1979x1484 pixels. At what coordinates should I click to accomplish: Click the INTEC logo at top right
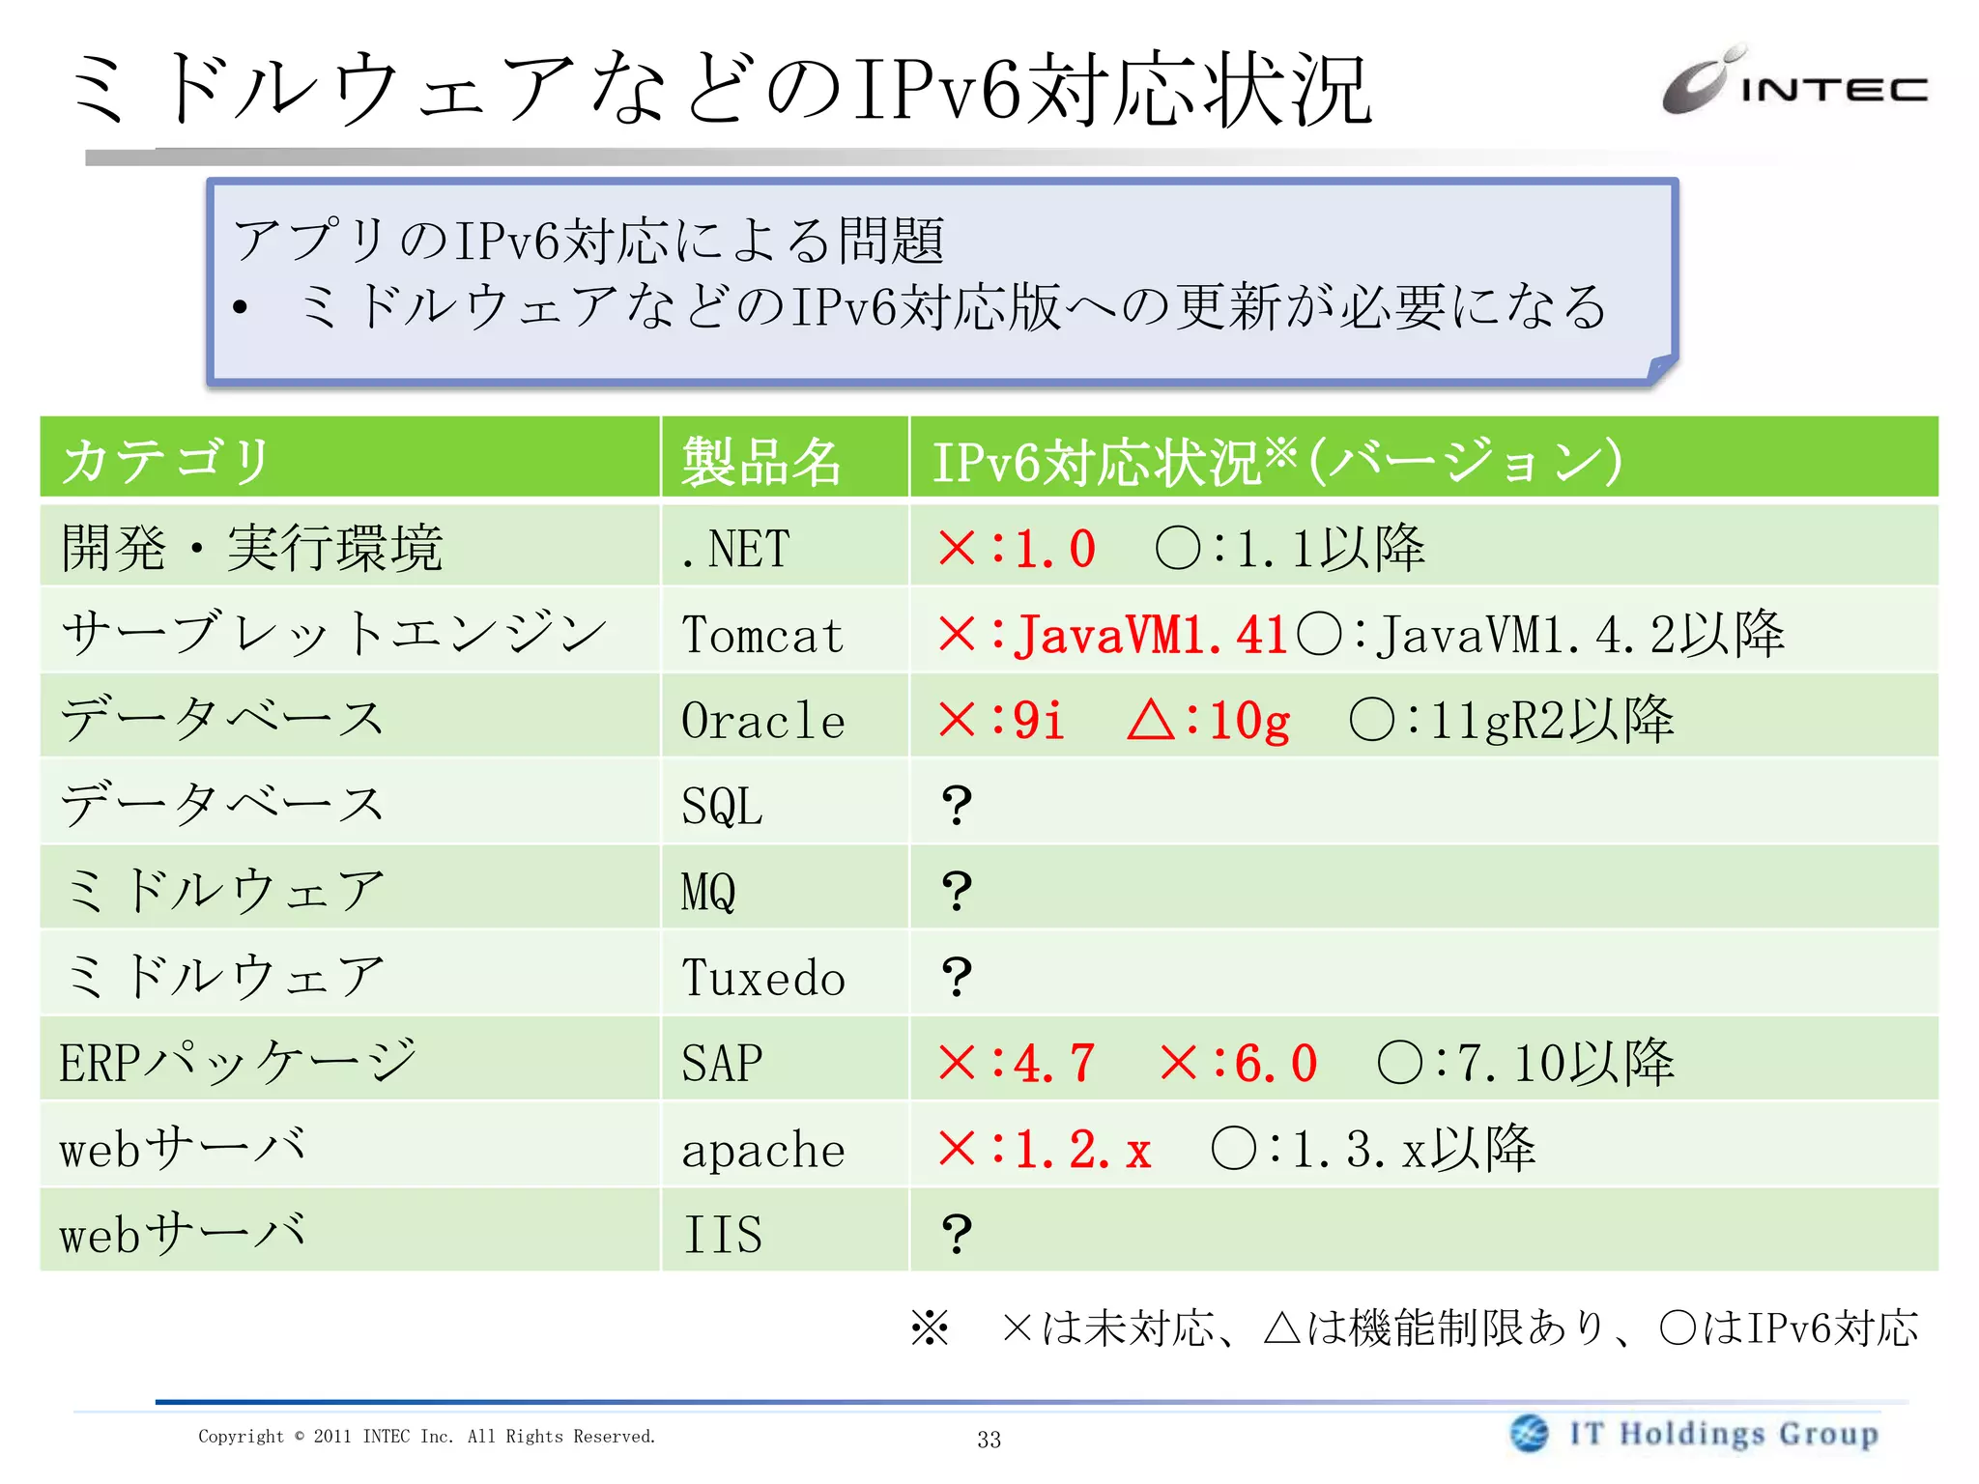pyautogui.click(x=1793, y=83)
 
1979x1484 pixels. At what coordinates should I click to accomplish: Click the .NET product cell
pyautogui.click(x=735, y=549)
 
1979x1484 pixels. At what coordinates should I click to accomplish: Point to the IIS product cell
pyautogui.click(x=723, y=1235)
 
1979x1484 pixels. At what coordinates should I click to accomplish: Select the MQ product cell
pyautogui.click(x=708, y=892)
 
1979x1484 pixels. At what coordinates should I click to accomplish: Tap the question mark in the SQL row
pyautogui.click(x=956, y=805)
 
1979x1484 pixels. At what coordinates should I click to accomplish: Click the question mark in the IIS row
pyautogui.click(x=956, y=1234)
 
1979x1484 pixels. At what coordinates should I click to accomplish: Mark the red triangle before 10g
pyautogui.click(x=1150, y=721)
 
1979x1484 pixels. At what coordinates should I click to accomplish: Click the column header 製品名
pyautogui.click(x=760, y=461)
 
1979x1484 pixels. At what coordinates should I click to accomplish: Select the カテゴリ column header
pyautogui.click(x=166, y=460)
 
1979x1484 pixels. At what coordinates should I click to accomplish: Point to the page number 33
pyautogui.click(x=989, y=1440)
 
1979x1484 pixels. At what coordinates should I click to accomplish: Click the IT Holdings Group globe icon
pyautogui.click(x=1529, y=1433)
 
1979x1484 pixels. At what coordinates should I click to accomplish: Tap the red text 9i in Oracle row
pyautogui.click(x=1038, y=721)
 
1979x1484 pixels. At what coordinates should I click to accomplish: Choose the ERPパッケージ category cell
pyautogui.click(x=238, y=1062)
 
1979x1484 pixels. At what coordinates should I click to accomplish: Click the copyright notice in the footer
pyautogui.click(x=426, y=1437)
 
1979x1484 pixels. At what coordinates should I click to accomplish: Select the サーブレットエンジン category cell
pyautogui.click(x=333, y=634)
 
